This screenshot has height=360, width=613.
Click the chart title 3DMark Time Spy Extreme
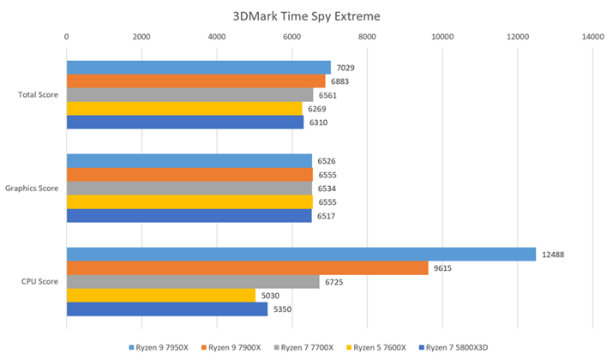306,15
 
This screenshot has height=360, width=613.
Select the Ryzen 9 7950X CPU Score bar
301,255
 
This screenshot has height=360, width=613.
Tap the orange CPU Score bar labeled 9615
247,268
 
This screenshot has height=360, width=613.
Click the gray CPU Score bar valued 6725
193,282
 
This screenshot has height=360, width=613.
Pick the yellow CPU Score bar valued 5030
161,296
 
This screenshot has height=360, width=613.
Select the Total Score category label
38,94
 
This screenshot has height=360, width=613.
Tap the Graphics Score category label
32,188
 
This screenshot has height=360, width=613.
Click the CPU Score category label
39,281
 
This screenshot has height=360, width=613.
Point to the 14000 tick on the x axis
592,37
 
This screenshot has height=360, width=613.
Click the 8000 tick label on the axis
367,37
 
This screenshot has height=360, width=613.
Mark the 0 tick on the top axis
67,37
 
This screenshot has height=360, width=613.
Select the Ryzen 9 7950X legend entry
160,348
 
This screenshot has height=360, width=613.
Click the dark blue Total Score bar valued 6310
185,123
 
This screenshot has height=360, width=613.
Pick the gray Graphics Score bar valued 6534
189,189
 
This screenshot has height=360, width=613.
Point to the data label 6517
327,216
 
